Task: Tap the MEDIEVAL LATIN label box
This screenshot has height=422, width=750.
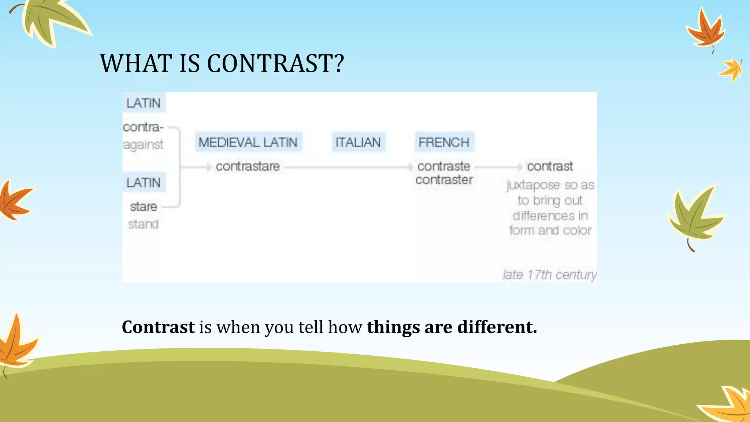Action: coord(248,142)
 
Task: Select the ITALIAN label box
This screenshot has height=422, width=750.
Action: coord(358,142)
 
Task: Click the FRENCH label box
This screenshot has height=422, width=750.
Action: coord(444,142)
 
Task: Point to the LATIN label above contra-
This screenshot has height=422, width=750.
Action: coord(144,103)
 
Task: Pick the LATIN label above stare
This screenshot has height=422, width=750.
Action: coord(144,182)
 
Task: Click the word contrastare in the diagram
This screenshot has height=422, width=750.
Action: coord(248,167)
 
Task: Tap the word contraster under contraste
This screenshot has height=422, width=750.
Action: coord(444,180)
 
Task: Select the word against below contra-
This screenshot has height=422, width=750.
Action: coord(143,145)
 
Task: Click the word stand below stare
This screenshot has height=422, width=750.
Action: coord(143,224)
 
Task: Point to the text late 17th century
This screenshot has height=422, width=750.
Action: coord(549,275)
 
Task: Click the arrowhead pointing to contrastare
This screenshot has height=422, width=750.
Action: coord(209,167)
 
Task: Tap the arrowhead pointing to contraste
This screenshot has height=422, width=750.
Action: coord(411,167)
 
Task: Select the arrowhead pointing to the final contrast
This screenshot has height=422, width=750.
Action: coord(520,167)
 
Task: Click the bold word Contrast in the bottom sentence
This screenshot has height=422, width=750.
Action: coord(158,327)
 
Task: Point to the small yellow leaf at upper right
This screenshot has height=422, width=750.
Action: coord(732,70)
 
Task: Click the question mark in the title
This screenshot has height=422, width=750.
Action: coord(339,63)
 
